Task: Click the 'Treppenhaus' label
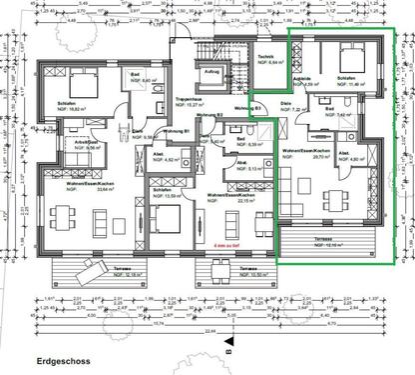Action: [190, 99]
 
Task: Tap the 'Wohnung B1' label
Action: [179, 131]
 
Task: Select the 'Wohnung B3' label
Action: [249, 108]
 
